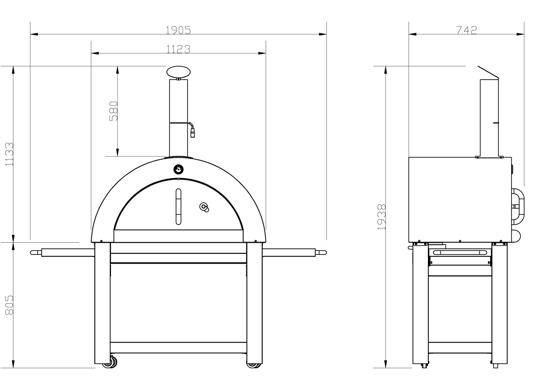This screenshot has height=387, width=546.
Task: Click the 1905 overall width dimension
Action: point(178,30)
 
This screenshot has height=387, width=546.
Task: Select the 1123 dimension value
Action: point(178,49)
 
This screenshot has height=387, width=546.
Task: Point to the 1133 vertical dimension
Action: point(9,154)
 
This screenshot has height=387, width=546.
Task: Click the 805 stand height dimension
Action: point(9,305)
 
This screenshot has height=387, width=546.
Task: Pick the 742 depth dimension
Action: point(466,30)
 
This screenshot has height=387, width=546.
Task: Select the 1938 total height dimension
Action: point(382,216)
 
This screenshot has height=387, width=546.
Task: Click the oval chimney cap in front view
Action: point(179,72)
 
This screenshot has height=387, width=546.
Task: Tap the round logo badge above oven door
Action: point(178,169)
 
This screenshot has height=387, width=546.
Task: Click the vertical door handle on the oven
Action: point(178,206)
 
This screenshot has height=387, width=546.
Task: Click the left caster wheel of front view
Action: point(111,363)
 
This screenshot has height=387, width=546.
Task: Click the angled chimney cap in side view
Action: point(488,73)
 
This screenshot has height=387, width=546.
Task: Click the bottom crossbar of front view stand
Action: point(178,348)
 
